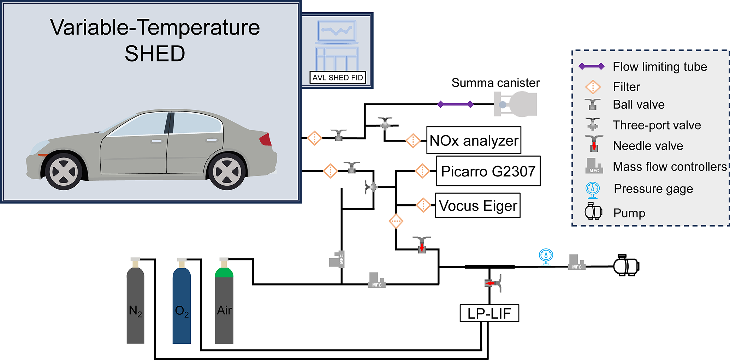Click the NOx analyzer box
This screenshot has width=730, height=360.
[x=474, y=140]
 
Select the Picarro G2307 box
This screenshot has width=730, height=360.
[x=488, y=171]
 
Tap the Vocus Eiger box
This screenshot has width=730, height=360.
[x=477, y=205]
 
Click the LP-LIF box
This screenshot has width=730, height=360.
[x=489, y=313]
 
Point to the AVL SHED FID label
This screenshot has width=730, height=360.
[x=338, y=78]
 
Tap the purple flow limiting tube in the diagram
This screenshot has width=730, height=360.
[x=456, y=104]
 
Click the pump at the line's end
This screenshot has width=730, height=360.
[x=626, y=266]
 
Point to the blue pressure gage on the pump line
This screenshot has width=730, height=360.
[x=546, y=256]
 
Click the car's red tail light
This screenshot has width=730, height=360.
[x=266, y=140]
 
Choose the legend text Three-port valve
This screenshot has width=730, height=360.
[x=657, y=125]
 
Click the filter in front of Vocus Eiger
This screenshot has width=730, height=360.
[x=423, y=205]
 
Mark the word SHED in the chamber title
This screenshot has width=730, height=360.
[x=155, y=54]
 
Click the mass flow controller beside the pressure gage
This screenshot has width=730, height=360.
[x=576, y=263]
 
